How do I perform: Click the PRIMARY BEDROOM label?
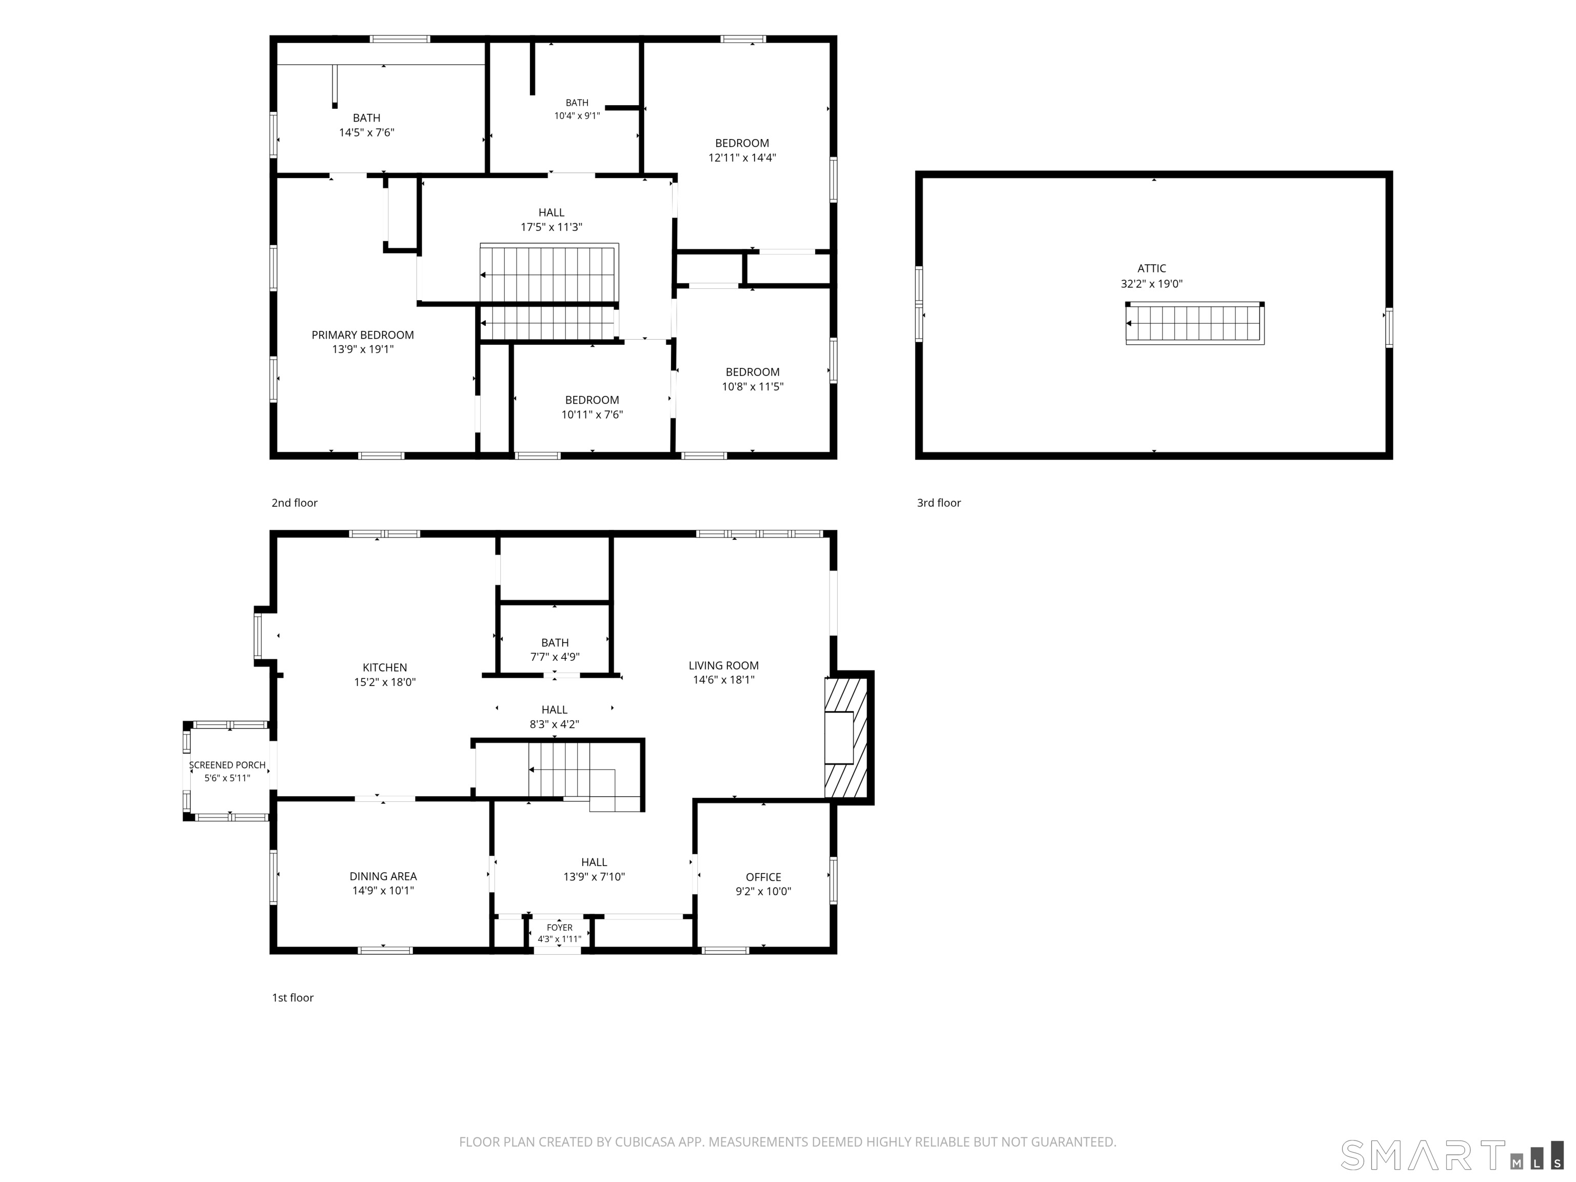point(363,335)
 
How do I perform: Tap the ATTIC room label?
point(1151,269)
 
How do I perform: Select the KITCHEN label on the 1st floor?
point(385,667)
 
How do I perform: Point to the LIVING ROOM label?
point(723,665)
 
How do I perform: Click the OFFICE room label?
point(763,877)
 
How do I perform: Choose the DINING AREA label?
point(383,876)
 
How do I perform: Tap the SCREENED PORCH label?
point(227,765)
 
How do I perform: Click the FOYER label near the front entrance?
point(559,928)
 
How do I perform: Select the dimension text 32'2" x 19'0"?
point(1151,284)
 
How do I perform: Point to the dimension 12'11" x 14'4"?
point(742,157)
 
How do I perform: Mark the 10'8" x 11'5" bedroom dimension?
point(753,386)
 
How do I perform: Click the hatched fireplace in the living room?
point(845,737)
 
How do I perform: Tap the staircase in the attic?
point(1195,324)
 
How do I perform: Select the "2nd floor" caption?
point(294,503)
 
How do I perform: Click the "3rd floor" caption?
point(938,503)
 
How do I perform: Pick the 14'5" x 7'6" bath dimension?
point(366,132)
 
